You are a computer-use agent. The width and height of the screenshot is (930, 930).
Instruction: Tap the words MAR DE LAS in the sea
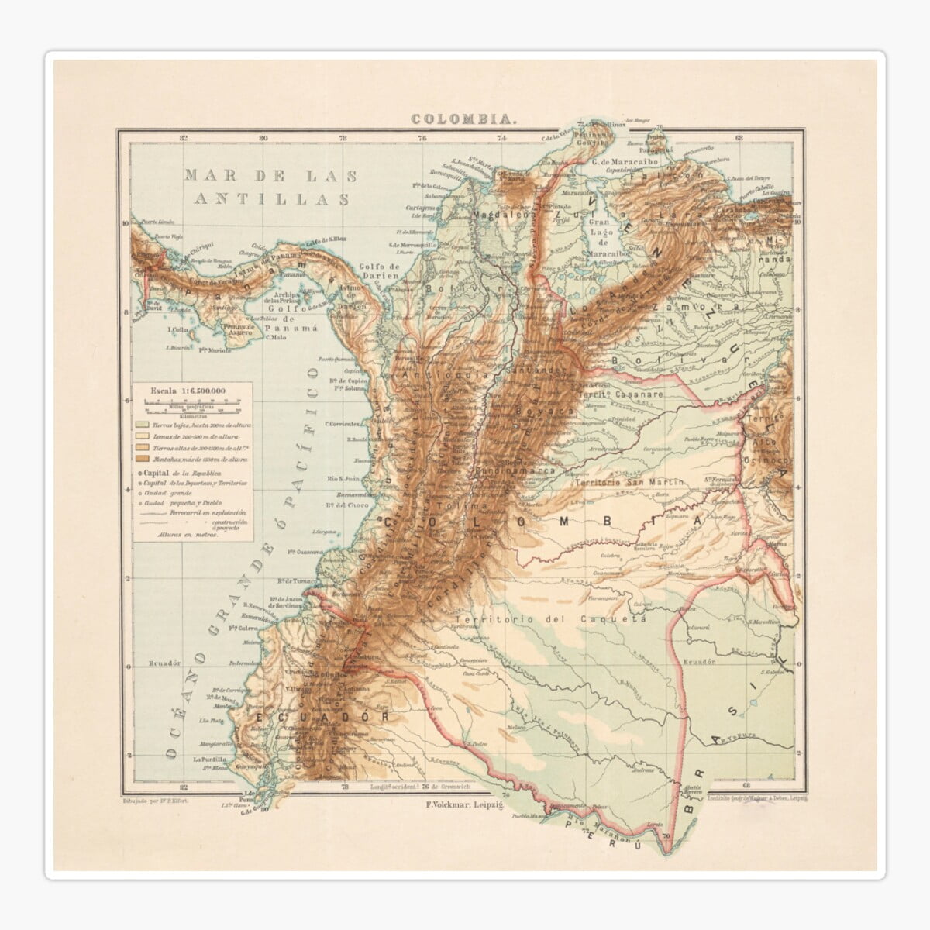(x=270, y=176)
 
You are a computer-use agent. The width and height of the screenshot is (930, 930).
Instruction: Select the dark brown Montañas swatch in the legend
(x=143, y=460)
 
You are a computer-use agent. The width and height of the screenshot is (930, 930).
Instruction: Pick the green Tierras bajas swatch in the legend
(x=143, y=425)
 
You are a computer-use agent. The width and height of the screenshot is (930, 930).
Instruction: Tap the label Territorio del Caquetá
(x=551, y=620)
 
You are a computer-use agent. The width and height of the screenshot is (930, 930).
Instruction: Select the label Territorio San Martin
(x=629, y=482)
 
